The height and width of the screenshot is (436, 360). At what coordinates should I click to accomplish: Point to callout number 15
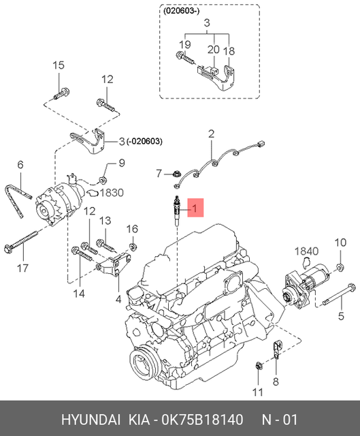point(59,65)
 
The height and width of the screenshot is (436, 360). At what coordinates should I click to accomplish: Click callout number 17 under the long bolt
point(22,268)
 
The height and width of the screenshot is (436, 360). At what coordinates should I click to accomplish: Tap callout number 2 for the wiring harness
point(211,133)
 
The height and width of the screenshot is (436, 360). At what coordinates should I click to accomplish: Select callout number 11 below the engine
point(257,391)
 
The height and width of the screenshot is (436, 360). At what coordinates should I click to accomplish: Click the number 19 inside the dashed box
point(183,45)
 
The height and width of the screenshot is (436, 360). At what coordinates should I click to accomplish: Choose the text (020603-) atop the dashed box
point(180,11)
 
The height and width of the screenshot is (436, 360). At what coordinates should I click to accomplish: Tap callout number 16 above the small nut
point(133,228)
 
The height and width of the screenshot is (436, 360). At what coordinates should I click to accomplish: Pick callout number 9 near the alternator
point(122,163)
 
